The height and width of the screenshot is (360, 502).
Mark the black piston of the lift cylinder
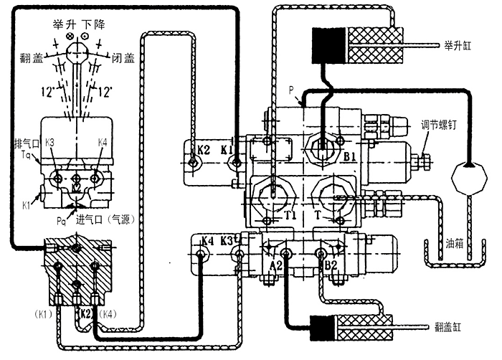(327, 43)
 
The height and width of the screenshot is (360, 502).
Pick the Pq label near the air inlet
(62, 212)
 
